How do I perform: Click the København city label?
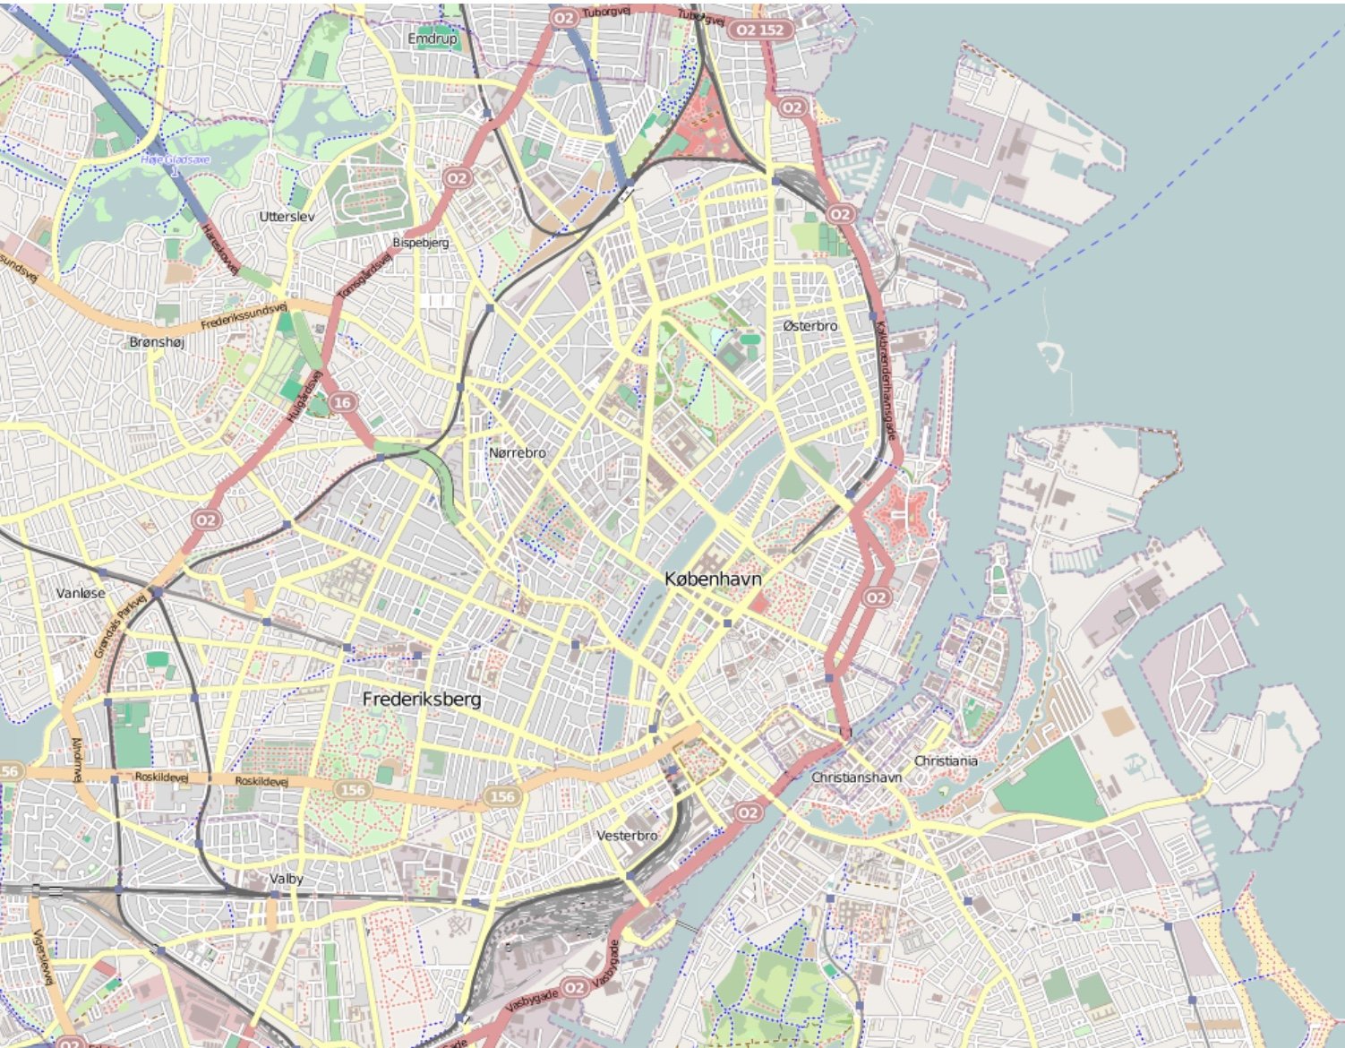[713, 580]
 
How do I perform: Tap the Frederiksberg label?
[422, 700]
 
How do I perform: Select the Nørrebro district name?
[517, 453]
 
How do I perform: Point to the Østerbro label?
[810, 326]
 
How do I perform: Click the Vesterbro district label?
[627, 836]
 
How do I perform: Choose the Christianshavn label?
[856, 777]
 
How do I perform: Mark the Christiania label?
[946, 760]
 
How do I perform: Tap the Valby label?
[287, 879]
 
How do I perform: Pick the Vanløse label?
[81, 593]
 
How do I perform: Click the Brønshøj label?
[157, 342]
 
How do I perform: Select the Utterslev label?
[287, 217]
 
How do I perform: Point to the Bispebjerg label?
[421, 243]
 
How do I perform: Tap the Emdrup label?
[432, 39]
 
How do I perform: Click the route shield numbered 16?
[342, 403]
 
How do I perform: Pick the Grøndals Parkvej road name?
[121, 624]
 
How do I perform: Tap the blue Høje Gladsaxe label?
[176, 160]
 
